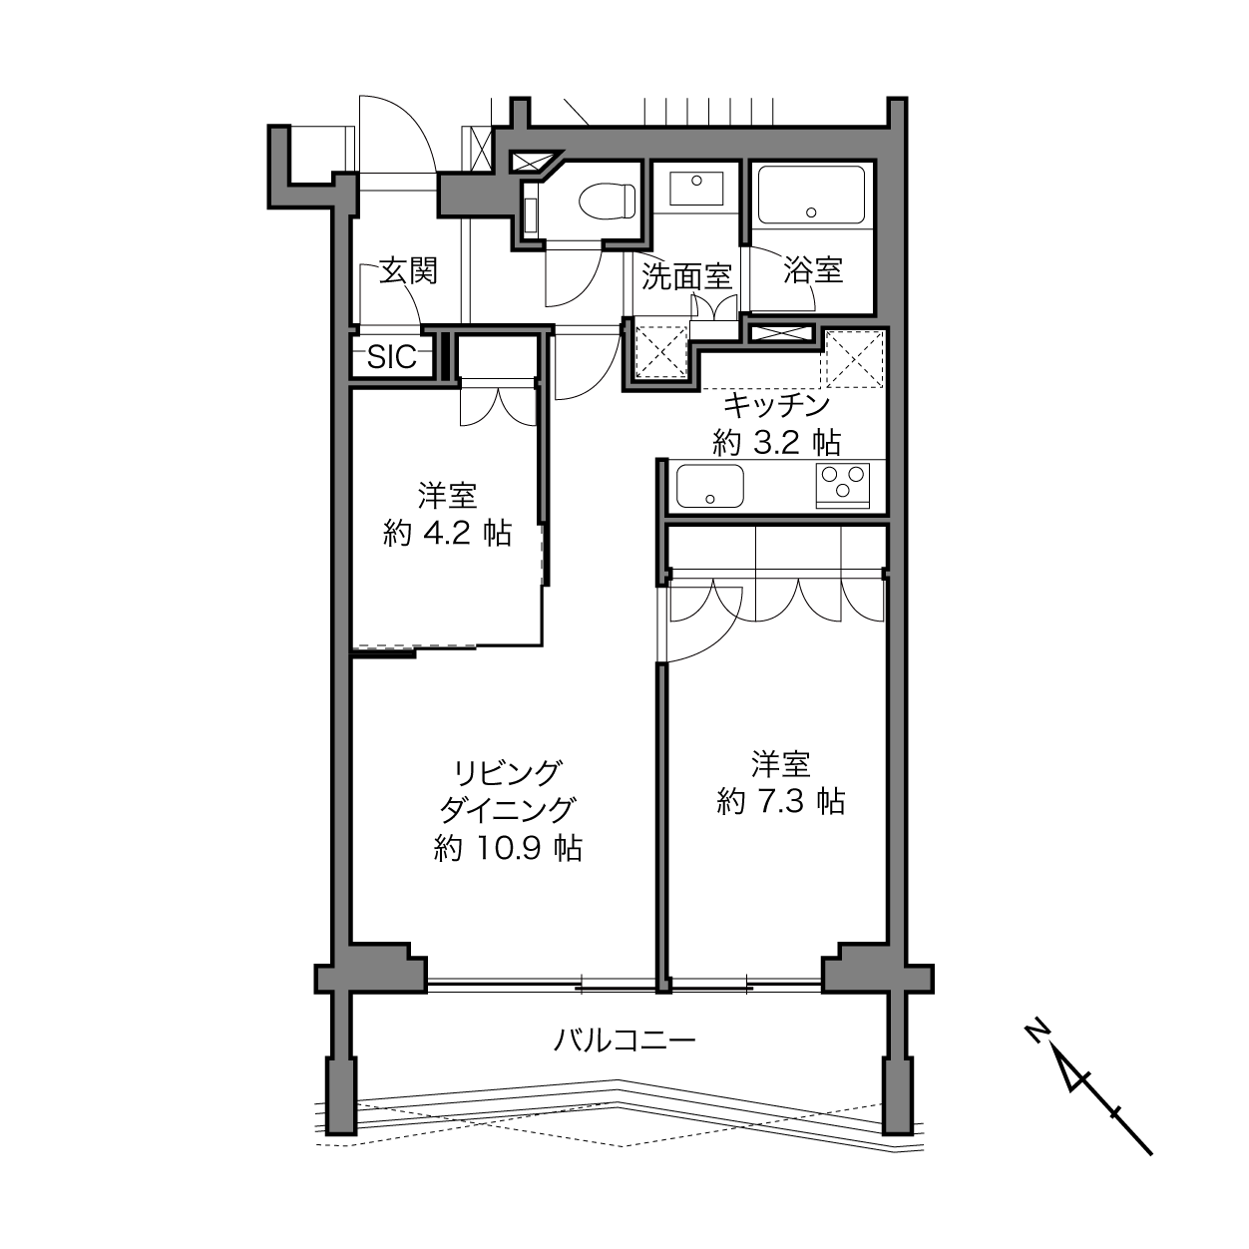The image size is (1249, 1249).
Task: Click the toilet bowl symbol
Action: (606, 201)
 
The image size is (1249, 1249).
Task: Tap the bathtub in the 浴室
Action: (811, 196)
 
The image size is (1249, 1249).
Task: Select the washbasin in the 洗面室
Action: (696, 188)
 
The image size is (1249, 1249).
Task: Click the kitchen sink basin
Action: (709, 486)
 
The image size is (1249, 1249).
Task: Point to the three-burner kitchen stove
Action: (843, 486)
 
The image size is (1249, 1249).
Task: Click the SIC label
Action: (391, 356)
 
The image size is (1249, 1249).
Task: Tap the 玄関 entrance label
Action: (408, 271)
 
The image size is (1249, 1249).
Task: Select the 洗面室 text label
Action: (687, 276)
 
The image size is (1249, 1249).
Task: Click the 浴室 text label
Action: (813, 270)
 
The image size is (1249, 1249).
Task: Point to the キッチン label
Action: (776, 406)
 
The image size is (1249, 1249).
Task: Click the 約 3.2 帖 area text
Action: (776, 443)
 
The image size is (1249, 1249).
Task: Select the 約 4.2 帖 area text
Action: (447, 533)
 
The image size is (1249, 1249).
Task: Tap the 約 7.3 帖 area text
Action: (781, 802)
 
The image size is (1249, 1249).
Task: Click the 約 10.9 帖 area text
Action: (508, 848)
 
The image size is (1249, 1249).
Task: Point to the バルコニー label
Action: (624, 1041)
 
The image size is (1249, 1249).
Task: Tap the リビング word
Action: (506, 772)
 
